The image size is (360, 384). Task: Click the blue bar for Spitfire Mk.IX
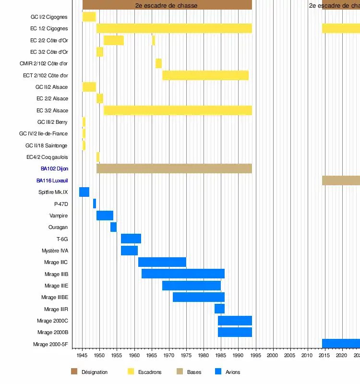click(x=84, y=192)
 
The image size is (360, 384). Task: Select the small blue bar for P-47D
click(x=95, y=204)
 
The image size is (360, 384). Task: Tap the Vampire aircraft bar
click(x=105, y=216)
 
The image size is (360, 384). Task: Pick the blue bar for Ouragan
click(x=113, y=227)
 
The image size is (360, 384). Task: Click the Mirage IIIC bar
click(x=162, y=262)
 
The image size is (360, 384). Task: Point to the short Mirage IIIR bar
click(x=219, y=309)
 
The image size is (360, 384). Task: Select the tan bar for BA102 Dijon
click(x=174, y=168)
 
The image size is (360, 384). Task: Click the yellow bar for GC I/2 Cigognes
click(x=89, y=17)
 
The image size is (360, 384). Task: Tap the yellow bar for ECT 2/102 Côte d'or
click(x=205, y=75)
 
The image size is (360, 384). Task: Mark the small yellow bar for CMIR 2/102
click(x=158, y=63)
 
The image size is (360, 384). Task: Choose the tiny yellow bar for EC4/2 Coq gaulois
click(x=98, y=157)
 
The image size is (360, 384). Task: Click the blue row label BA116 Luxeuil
click(x=52, y=180)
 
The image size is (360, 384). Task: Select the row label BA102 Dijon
click(x=54, y=169)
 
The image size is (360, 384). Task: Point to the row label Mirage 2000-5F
click(x=50, y=344)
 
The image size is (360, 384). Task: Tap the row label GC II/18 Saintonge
click(x=46, y=145)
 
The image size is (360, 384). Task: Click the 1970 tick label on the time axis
click(x=169, y=356)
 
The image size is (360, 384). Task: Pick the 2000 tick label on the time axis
click(x=273, y=356)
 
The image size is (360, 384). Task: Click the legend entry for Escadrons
click(x=150, y=372)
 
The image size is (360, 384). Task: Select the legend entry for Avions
click(x=233, y=372)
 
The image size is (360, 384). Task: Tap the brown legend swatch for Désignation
click(x=74, y=372)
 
